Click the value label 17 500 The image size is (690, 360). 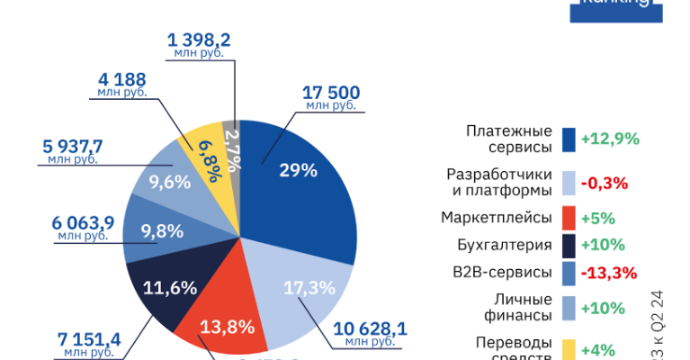[331, 93]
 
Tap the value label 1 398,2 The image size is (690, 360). [199, 40]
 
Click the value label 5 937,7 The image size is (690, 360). [72, 147]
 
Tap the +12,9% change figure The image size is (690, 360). [610, 139]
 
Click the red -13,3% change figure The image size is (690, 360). [608, 273]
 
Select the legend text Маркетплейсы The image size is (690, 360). [496, 218]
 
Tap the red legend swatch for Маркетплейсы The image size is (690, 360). [569, 218]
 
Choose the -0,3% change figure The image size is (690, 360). [604, 183]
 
